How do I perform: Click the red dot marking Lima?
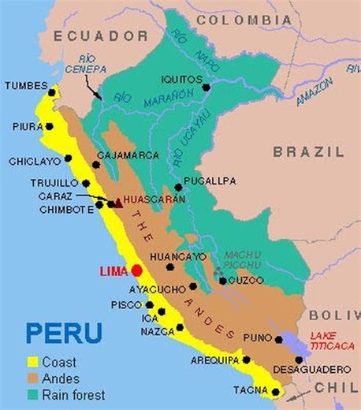coord(136,270)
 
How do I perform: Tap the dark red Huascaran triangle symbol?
coord(118,202)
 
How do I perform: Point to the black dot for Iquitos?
coord(207,87)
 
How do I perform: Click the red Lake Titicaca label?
coord(329,340)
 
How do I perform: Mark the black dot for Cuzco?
coord(223,280)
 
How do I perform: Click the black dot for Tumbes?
coord(52,92)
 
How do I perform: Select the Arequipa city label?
coord(214,361)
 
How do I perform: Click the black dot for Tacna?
coord(276,392)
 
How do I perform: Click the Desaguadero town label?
coord(312,369)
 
